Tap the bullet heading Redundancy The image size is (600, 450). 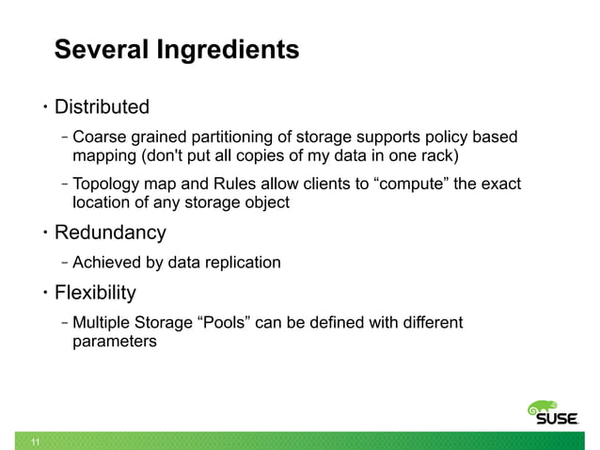pos(110,233)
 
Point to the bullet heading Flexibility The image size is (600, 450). pos(95,292)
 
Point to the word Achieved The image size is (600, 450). pos(107,262)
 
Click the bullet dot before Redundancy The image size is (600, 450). pos(44,233)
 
